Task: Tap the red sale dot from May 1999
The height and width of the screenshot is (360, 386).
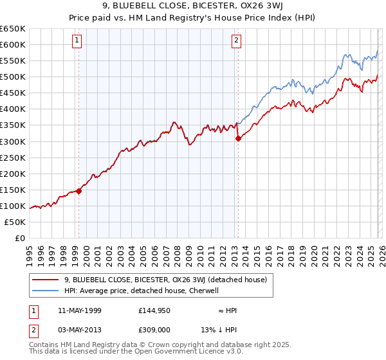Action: click(x=78, y=191)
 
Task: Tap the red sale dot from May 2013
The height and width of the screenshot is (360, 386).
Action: click(x=237, y=138)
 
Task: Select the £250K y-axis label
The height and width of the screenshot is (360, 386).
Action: click(x=13, y=157)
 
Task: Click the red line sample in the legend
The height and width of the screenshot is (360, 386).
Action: click(x=46, y=279)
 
